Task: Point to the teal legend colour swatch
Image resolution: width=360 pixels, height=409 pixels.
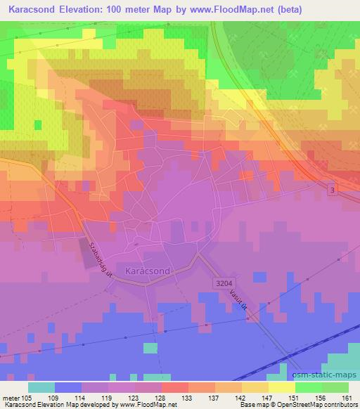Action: coord(41,387)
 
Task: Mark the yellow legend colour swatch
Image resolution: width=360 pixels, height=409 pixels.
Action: coord(281,387)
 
